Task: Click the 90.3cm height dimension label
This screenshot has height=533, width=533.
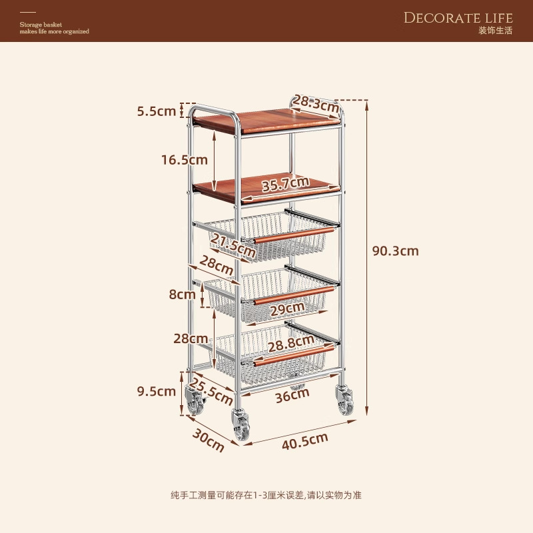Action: (395, 251)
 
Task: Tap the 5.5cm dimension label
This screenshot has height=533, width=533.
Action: (157, 111)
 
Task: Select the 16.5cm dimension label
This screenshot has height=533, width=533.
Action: (184, 160)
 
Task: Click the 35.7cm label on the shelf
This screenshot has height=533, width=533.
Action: (285, 184)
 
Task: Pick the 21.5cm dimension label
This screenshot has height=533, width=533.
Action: (233, 245)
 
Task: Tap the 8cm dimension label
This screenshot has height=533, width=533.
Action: (182, 293)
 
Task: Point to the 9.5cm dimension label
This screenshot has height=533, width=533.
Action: (157, 391)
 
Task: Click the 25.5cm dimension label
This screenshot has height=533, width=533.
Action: (211, 391)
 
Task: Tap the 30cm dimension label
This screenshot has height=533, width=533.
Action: (209, 440)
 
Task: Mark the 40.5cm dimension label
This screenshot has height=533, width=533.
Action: (303, 439)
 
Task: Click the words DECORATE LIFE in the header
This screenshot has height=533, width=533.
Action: (458, 17)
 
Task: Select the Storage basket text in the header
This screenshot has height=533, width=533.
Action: (41, 25)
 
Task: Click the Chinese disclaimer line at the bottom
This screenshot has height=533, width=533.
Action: (266, 495)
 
